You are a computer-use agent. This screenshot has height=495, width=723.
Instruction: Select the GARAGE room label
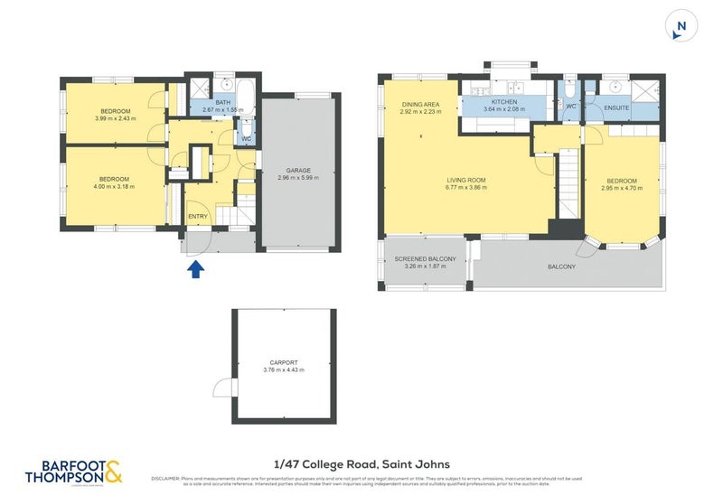click(x=298, y=170)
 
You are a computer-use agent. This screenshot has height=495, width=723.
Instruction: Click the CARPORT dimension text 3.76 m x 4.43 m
click(x=284, y=369)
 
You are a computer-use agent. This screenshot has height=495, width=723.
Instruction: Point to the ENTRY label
click(x=197, y=217)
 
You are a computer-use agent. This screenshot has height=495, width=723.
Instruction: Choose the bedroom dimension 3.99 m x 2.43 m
click(x=114, y=118)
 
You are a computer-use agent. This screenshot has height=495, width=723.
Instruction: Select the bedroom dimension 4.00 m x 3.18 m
click(x=114, y=187)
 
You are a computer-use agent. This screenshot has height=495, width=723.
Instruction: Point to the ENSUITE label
click(x=616, y=107)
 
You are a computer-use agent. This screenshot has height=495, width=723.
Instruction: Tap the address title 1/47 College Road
click(x=361, y=463)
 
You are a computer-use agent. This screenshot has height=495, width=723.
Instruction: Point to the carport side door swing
click(x=222, y=388)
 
